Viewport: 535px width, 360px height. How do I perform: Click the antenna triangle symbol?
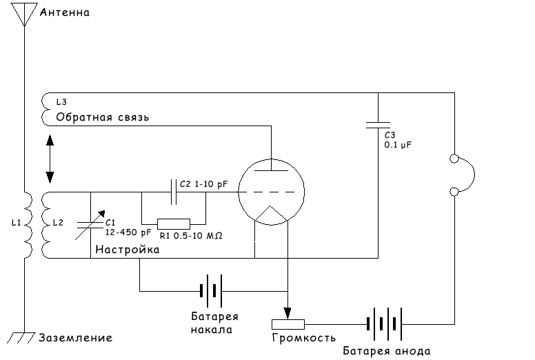click(x=24, y=14)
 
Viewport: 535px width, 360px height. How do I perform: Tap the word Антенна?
click(x=65, y=12)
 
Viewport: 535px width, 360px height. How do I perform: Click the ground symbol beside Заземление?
click(x=21, y=337)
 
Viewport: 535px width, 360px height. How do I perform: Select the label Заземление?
click(x=75, y=338)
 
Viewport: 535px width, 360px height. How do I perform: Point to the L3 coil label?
click(x=61, y=101)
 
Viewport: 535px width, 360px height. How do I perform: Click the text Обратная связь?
click(x=103, y=117)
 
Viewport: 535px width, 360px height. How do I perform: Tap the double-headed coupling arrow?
click(x=50, y=159)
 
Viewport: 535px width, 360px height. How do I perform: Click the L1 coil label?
click(x=16, y=223)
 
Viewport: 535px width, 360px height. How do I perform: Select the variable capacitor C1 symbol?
click(x=90, y=225)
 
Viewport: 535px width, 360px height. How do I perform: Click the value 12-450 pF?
click(x=128, y=232)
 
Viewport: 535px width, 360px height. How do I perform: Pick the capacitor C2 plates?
click(x=174, y=192)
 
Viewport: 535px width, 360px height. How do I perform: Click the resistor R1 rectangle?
click(x=174, y=224)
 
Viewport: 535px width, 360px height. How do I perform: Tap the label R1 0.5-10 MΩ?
click(x=191, y=235)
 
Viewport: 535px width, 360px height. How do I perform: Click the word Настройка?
click(x=128, y=250)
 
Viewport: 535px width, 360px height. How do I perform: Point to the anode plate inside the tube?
click(x=271, y=170)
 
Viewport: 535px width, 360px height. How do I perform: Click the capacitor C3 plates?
click(x=378, y=126)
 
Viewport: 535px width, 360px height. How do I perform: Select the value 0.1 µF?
click(x=398, y=145)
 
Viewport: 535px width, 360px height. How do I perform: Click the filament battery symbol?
click(x=211, y=291)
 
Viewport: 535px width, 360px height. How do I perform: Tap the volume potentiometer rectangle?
click(x=288, y=324)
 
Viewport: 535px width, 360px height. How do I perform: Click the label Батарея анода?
click(x=387, y=351)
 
